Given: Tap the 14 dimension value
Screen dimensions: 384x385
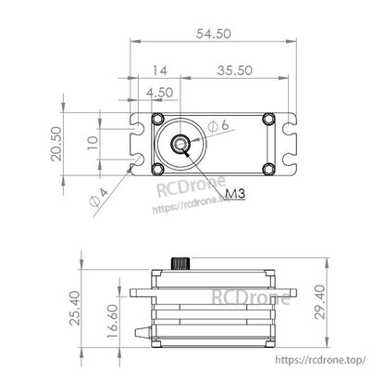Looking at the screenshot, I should point(159,70).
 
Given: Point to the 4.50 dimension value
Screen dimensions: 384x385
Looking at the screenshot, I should point(159,92).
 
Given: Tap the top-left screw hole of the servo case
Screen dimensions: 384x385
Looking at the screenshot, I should point(157,119).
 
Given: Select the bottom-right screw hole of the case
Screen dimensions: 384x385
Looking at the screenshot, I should point(268,168).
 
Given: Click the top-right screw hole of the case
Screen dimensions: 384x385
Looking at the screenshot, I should point(268,119).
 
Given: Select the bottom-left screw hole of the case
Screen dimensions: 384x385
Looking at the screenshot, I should point(157,168).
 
